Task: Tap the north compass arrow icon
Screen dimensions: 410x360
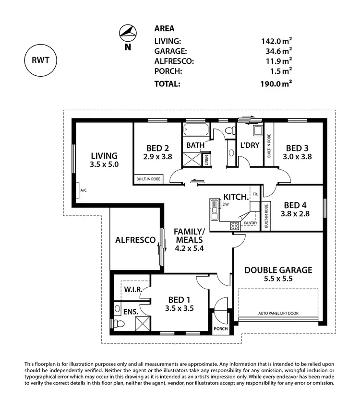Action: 127,33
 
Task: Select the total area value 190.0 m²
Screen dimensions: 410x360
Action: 273,83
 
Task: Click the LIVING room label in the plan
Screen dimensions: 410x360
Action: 104,156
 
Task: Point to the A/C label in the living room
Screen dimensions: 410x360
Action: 83,190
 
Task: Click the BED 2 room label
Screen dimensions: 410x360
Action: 156,148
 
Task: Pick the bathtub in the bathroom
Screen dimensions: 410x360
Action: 195,129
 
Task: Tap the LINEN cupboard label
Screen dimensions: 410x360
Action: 206,160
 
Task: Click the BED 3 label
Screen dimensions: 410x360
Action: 297,148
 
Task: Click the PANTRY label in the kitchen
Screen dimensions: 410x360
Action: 251,223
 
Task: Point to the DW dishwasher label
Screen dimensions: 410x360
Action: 226,204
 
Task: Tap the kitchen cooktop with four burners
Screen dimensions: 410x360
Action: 235,225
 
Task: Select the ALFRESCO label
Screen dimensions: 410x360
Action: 135,240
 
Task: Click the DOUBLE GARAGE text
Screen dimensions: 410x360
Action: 278,270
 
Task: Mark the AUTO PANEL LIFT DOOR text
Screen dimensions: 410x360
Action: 278,313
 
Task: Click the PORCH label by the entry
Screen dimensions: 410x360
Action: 221,329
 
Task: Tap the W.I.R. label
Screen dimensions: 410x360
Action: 132,290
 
